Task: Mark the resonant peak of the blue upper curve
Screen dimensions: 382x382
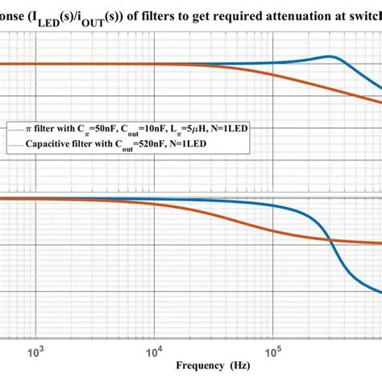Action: [329, 56]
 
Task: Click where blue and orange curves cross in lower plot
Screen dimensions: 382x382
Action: [330, 239]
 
